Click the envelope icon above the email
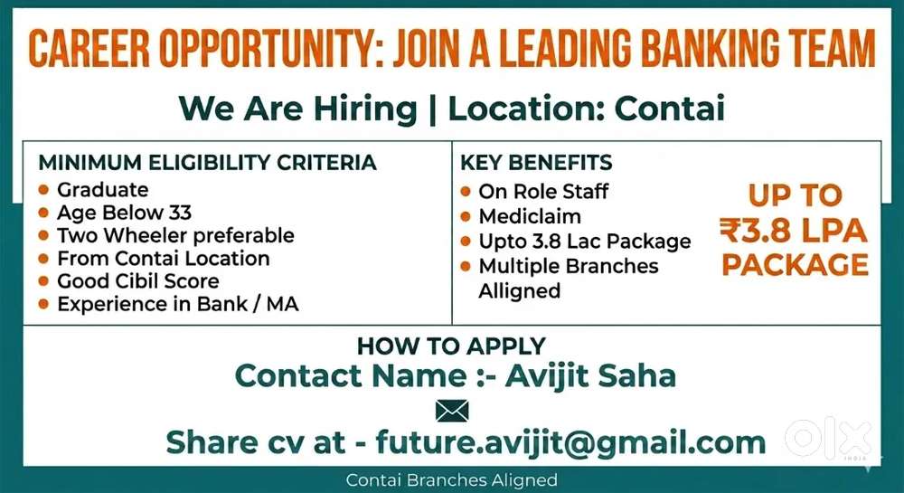(x=452, y=411)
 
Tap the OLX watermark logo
(x=828, y=439)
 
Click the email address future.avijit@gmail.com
(x=570, y=442)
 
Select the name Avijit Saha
(x=590, y=376)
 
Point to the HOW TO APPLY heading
(x=451, y=346)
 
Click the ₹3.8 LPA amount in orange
(x=794, y=230)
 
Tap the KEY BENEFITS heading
(x=536, y=163)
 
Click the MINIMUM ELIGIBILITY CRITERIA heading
(x=208, y=163)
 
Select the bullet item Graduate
(x=103, y=190)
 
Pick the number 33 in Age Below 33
(x=180, y=213)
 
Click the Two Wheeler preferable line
(x=176, y=235)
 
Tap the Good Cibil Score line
(x=138, y=280)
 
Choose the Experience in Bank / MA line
(x=178, y=304)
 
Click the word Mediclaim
(x=530, y=216)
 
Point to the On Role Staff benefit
(x=543, y=192)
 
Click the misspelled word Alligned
(x=520, y=290)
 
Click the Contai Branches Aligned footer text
(x=451, y=479)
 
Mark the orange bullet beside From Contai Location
(x=43, y=259)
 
